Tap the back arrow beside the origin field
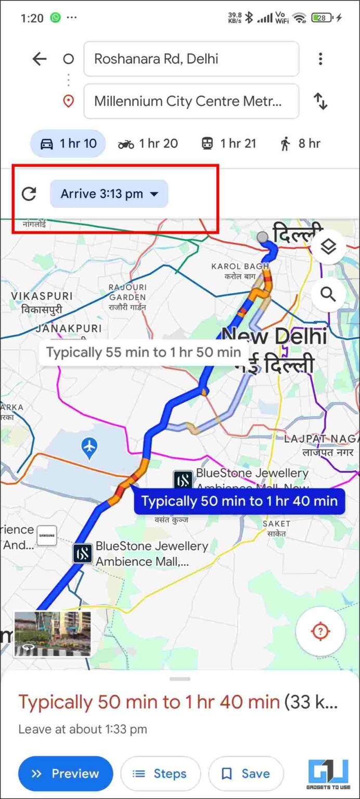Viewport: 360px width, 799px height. click(x=40, y=59)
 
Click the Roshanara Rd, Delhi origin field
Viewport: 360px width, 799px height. click(x=191, y=59)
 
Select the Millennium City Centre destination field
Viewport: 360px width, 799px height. click(x=191, y=101)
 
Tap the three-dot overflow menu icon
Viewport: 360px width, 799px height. click(x=320, y=59)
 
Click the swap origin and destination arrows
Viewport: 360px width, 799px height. click(x=320, y=101)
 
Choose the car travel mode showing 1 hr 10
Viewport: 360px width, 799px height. click(x=68, y=144)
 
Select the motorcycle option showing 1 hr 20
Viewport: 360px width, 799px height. click(x=148, y=144)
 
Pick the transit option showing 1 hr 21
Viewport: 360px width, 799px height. click(x=229, y=144)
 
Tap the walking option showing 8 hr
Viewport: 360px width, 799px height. click(x=300, y=144)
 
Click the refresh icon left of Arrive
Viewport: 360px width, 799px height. click(x=29, y=194)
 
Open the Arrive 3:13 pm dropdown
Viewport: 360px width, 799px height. click(x=109, y=194)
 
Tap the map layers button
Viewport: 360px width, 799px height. click(x=328, y=247)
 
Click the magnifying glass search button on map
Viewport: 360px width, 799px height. click(x=328, y=294)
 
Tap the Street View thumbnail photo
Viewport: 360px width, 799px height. click(x=53, y=634)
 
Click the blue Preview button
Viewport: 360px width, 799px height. click(x=66, y=774)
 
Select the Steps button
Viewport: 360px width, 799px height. click(x=160, y=774)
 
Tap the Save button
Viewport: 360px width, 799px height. click(x=246, y=774)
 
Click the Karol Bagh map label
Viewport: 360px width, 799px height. click(x=240, y=271)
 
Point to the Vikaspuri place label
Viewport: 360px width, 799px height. click(x=42, y=302)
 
